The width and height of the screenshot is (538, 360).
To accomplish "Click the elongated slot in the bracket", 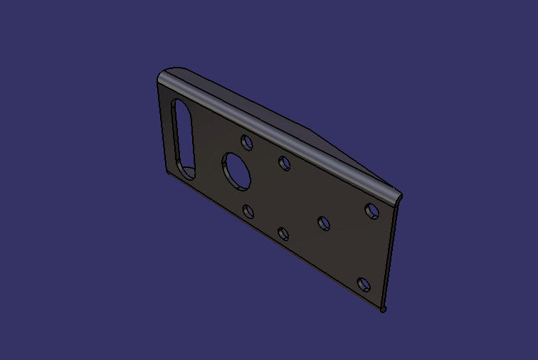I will (x=184, y=139).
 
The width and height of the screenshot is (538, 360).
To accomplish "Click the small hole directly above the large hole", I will (x=247, y=142).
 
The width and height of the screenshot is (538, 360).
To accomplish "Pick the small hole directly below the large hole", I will (x=248, y=211).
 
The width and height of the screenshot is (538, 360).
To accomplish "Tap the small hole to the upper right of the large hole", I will (x=285, y=164).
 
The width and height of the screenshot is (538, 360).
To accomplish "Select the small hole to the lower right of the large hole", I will (x=283, y=233).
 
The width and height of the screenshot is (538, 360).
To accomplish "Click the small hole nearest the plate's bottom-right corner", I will (x=364, y=285).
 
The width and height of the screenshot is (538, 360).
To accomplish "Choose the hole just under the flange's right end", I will (x=371, y=211).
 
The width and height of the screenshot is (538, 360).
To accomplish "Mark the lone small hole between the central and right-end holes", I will (x=324, y=224).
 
